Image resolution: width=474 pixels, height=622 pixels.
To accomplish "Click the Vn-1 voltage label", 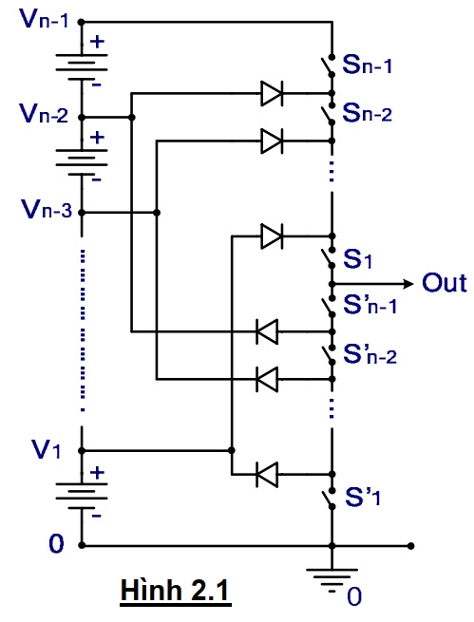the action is pos(46,19).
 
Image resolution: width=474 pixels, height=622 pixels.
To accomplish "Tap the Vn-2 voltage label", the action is pos(45,113).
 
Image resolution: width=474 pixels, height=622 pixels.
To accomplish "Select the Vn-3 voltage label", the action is pos(47,209).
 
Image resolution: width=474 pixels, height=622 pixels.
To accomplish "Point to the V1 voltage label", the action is pos(46,449).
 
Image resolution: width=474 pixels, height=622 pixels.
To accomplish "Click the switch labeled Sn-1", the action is pos(328,66).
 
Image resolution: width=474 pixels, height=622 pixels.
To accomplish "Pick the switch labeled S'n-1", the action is pos(328,306).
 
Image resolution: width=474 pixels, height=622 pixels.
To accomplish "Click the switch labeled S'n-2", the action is pos(328,354).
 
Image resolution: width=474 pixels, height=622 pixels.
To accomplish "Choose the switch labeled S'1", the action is pos(328,499).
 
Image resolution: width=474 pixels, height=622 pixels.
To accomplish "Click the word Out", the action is pos(445,283).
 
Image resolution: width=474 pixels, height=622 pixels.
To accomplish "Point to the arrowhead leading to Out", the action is pos(408,284).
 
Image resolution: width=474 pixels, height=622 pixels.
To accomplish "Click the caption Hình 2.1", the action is pos(176,590).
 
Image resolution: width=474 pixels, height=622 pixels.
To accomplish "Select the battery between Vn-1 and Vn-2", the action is pos(82,68).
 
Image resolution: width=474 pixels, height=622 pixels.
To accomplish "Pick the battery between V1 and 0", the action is pos(82,496).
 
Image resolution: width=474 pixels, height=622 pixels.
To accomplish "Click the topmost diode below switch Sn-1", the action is pos(272,94).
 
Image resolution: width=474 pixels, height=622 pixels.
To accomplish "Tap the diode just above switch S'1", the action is pos(267,474).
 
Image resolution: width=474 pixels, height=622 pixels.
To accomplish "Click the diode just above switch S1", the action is pos(272,236).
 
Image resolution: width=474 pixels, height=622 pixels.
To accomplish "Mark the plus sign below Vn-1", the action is pos(97,42).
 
